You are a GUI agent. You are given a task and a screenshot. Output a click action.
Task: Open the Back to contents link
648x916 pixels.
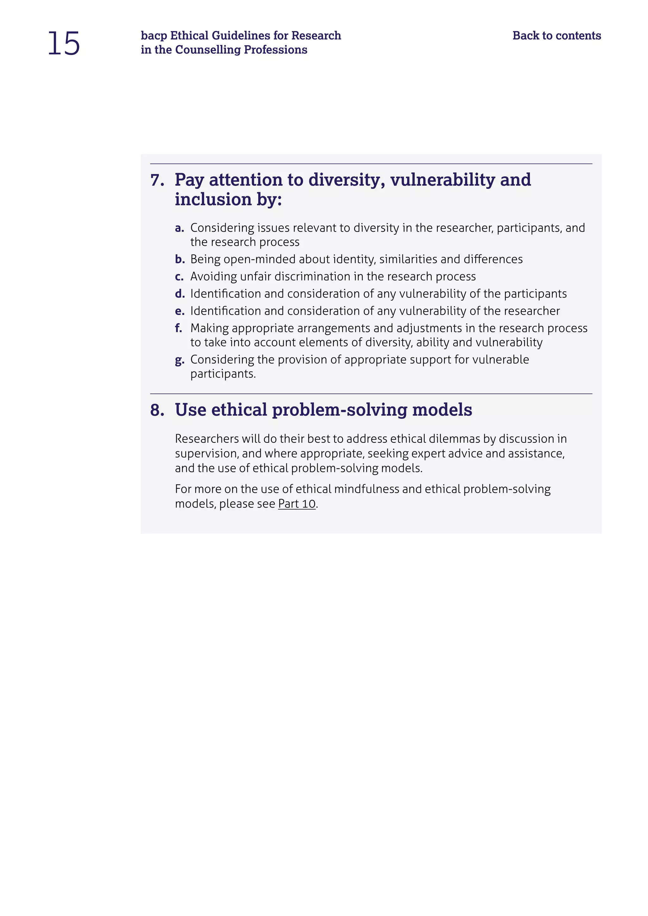click(557, 35)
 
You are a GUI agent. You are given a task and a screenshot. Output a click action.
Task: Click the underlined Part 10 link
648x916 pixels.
click(296, 504)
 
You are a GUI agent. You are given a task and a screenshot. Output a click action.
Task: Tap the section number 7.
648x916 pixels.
click(157, 180)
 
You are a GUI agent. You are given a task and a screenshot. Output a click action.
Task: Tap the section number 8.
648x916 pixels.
click(157, 410)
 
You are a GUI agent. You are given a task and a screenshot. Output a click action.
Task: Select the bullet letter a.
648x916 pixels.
click(179, 228)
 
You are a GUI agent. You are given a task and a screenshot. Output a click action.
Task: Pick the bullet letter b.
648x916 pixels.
click(179, 259)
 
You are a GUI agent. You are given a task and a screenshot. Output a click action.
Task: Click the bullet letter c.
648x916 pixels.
click(179, 276)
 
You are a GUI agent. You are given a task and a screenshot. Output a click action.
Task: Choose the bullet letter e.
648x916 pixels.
click(179, 311)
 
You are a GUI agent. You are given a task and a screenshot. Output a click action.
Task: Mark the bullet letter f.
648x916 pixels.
click(178, 328)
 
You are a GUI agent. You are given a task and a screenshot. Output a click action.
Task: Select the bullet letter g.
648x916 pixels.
click(179, 360)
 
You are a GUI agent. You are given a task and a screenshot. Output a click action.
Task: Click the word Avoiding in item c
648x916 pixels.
click(214, 276)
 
